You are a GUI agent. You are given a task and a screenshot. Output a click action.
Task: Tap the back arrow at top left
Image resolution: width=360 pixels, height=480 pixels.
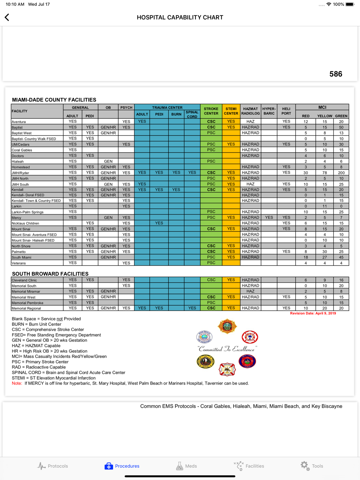(x=7, y=17)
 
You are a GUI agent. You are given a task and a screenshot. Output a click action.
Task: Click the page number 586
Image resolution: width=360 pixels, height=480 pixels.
(x=336, y=74)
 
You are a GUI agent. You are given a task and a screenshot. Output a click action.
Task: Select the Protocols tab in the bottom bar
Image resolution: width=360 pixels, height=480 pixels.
(x=53, y=466)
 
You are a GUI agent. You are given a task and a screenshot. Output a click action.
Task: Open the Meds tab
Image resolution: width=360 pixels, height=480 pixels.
(x=186, y=466)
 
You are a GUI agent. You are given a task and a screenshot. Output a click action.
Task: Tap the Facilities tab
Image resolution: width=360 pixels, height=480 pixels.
(x=249, y=466)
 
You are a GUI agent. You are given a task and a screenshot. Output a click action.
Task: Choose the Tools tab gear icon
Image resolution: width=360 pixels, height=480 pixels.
(x=305, y=466)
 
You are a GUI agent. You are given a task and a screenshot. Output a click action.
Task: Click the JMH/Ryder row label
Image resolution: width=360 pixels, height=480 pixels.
(x=21, y=173)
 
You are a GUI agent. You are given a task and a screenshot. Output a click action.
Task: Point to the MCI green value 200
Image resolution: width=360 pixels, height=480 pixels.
(x=341, y=173)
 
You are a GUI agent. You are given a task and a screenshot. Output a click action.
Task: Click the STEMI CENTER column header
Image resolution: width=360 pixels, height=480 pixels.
(x=231, y=111)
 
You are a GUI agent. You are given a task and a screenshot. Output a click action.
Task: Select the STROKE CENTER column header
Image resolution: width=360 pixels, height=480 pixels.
(x=211, y=111)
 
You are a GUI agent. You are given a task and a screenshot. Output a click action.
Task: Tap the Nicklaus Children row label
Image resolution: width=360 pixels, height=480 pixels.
(x=25, y=223)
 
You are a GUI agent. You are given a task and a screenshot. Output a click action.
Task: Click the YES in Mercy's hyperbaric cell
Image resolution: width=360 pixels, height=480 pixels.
(x=269, y=217)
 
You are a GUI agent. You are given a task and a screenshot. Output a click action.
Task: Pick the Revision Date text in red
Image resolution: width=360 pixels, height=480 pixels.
(x=313, y=313)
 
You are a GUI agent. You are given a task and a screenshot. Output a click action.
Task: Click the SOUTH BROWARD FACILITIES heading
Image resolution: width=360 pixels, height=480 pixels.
(x=50, y=274)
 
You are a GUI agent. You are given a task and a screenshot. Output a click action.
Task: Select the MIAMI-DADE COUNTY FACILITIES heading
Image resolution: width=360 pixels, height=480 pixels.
(x=54, y=100)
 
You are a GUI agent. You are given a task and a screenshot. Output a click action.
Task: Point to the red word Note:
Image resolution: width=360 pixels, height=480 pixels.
(x=17, y=383)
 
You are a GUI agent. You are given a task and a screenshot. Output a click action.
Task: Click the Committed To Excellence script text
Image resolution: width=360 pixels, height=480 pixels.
(x=227, y=349)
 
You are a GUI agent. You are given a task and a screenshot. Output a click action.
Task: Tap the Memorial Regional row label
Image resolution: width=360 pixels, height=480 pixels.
(x=26, y=308)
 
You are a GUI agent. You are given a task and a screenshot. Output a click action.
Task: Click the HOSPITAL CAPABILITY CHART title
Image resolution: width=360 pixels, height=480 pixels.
(x=180, y=17)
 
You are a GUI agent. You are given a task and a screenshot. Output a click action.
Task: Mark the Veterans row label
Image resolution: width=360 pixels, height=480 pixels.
(x=19, y=263)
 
